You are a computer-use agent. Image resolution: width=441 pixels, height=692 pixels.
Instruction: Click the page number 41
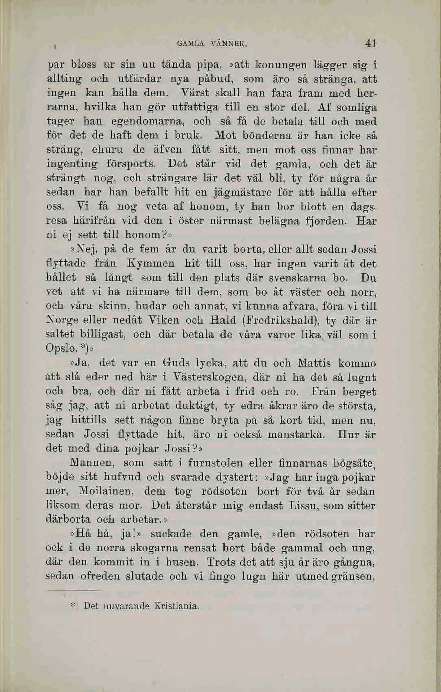(371, 43)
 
